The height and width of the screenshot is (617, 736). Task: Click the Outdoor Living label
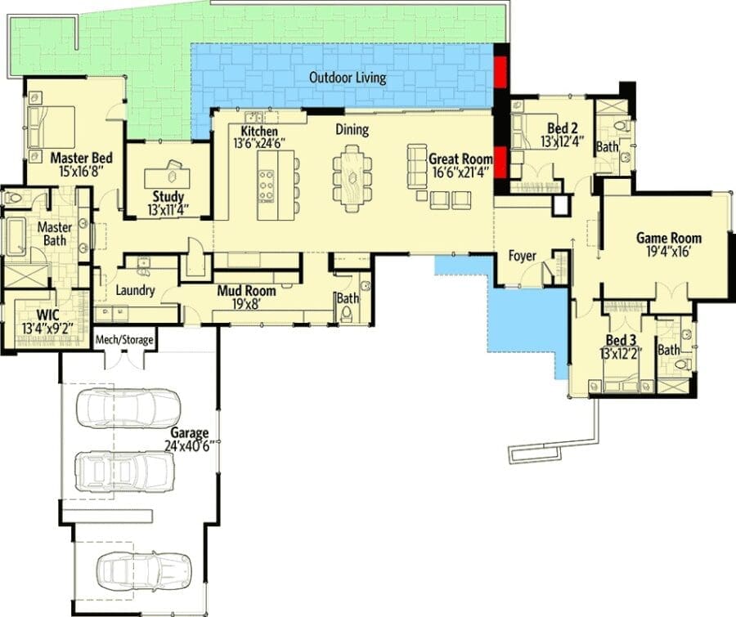348,78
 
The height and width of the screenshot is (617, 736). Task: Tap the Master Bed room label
81,158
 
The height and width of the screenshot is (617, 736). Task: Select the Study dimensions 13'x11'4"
168,210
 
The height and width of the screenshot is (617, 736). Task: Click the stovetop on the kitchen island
266,186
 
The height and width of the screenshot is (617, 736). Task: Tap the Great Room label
460,159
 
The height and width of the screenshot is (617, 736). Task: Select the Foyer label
522,256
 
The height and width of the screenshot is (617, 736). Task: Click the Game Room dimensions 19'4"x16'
668,253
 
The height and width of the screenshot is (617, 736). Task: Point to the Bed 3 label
621,340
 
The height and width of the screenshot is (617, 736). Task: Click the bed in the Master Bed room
52,127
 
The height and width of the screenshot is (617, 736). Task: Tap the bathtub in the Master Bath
16,236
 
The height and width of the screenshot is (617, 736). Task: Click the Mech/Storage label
124,339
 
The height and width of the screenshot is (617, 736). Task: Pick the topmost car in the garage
128,408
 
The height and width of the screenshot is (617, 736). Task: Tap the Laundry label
135,290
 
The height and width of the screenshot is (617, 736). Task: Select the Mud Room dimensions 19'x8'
247,304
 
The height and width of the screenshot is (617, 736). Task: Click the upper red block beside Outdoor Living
501,72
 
